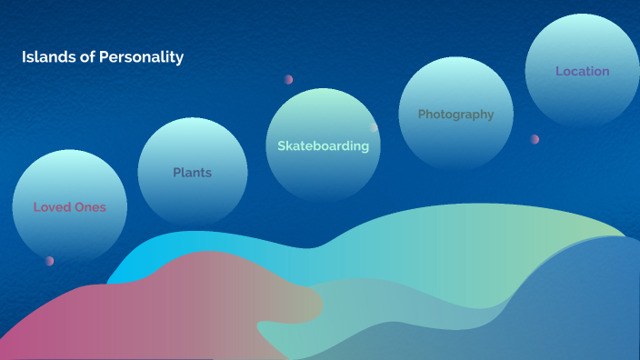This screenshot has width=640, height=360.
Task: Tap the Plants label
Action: [x=192, y=173]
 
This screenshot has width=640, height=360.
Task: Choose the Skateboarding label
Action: [x=323, y=145]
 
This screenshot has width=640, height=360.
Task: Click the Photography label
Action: [x=455, y=115]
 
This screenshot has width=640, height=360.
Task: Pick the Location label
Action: [x=582, y=71]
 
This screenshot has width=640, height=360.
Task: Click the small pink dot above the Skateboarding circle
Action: [x=288, y=79]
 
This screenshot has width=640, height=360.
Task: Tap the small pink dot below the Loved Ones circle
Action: [x=49, y=261]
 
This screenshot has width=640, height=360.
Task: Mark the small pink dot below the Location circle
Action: [x=535, y=139]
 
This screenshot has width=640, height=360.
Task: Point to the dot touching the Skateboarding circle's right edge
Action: [x=374, y=128]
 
